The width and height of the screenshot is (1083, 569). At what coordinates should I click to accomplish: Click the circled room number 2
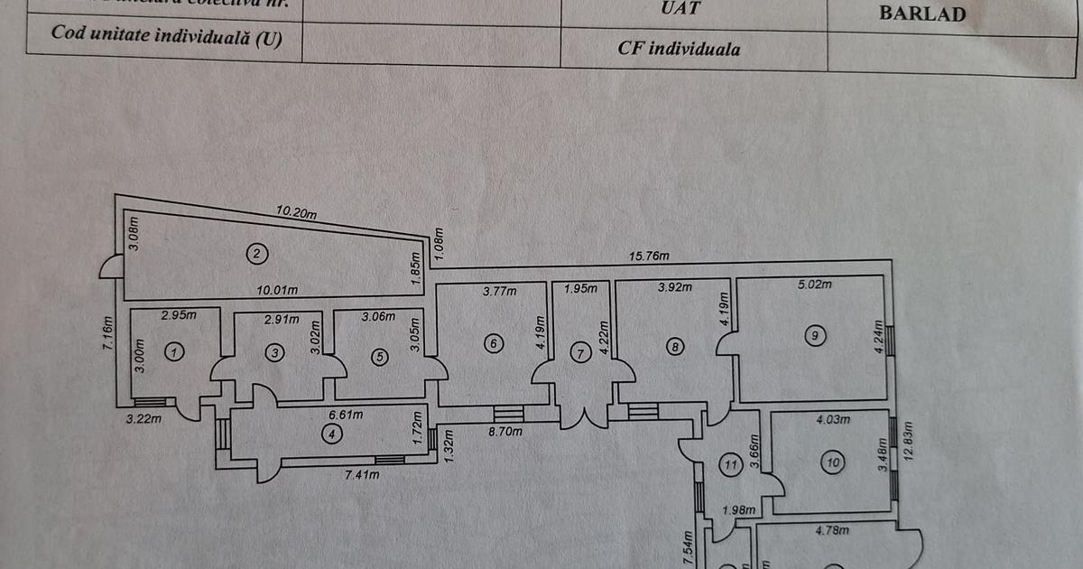click(x=256, y=254)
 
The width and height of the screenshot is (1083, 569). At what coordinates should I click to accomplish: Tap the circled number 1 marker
click(x=176, y=352)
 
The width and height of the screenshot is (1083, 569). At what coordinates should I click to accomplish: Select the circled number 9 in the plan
click(x=814, y=336)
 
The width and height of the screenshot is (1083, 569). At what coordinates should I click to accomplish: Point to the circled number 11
click(x=731, y=465)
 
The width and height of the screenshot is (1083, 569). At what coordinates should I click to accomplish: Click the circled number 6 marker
click(x=493, y=343)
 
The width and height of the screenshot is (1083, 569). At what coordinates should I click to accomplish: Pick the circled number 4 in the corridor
click(x=332, y=434)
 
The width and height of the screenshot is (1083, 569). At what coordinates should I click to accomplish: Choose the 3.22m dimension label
click(x=143, y=418)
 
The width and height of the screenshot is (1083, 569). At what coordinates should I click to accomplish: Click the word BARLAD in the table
click(x=921, y=14)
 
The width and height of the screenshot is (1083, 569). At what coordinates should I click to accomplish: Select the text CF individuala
click(x=680, y=49)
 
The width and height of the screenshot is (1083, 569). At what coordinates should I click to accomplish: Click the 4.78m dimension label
click(x=831, y=530)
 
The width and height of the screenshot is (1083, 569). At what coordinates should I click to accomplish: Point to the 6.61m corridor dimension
click(x=344, y=415)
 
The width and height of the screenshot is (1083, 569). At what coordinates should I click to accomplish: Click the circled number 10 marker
click(x=832, y=463)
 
